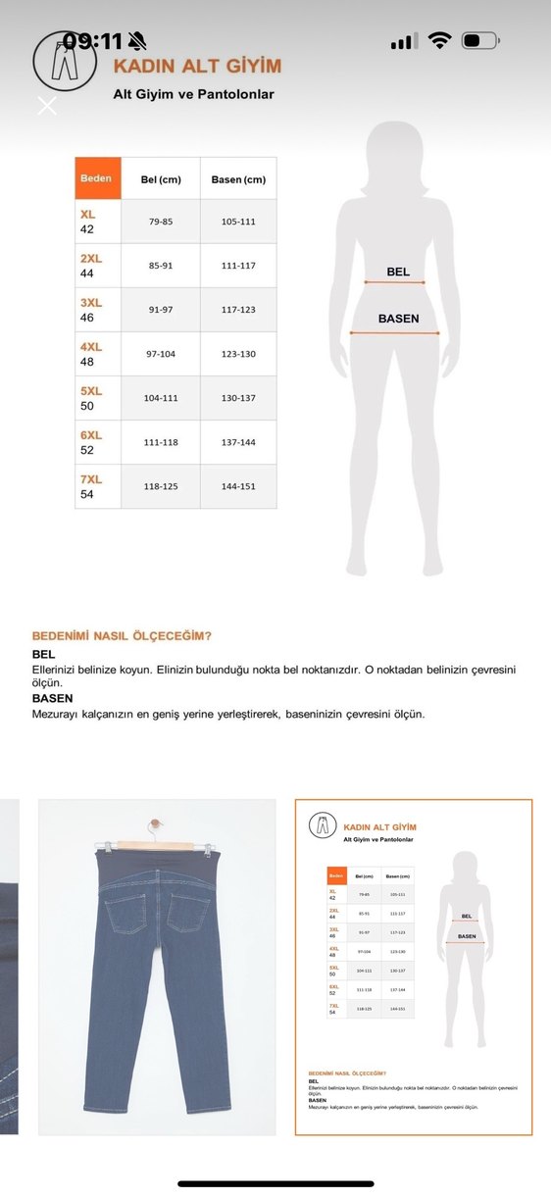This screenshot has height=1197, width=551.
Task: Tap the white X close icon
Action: [46, 105]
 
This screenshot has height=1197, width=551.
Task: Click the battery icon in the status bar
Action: [479, 41]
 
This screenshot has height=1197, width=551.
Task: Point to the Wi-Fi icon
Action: [440, 41]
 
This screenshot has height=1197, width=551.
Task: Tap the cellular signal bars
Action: [403, 42]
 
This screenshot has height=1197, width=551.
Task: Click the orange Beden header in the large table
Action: [97, 178]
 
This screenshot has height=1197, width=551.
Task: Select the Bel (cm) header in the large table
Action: [161, 179]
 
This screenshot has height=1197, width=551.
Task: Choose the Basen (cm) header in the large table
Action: [238, 179]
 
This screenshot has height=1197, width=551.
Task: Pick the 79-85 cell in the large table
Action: [161, 222]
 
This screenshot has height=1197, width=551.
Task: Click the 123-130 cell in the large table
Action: [238, 354]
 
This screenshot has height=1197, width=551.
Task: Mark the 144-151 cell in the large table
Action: [238, 486]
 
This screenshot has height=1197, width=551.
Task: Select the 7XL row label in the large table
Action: [91, 479]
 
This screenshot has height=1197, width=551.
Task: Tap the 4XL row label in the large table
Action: [91, 347]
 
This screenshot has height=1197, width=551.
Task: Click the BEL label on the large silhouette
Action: [398, 272]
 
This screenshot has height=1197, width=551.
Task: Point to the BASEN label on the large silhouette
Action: [399, 319]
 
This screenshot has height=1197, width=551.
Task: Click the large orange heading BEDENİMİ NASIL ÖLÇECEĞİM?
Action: [122, 635]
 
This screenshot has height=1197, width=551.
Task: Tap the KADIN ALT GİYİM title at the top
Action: [197, 67]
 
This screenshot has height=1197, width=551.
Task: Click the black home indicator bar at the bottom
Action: [275, 1183]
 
